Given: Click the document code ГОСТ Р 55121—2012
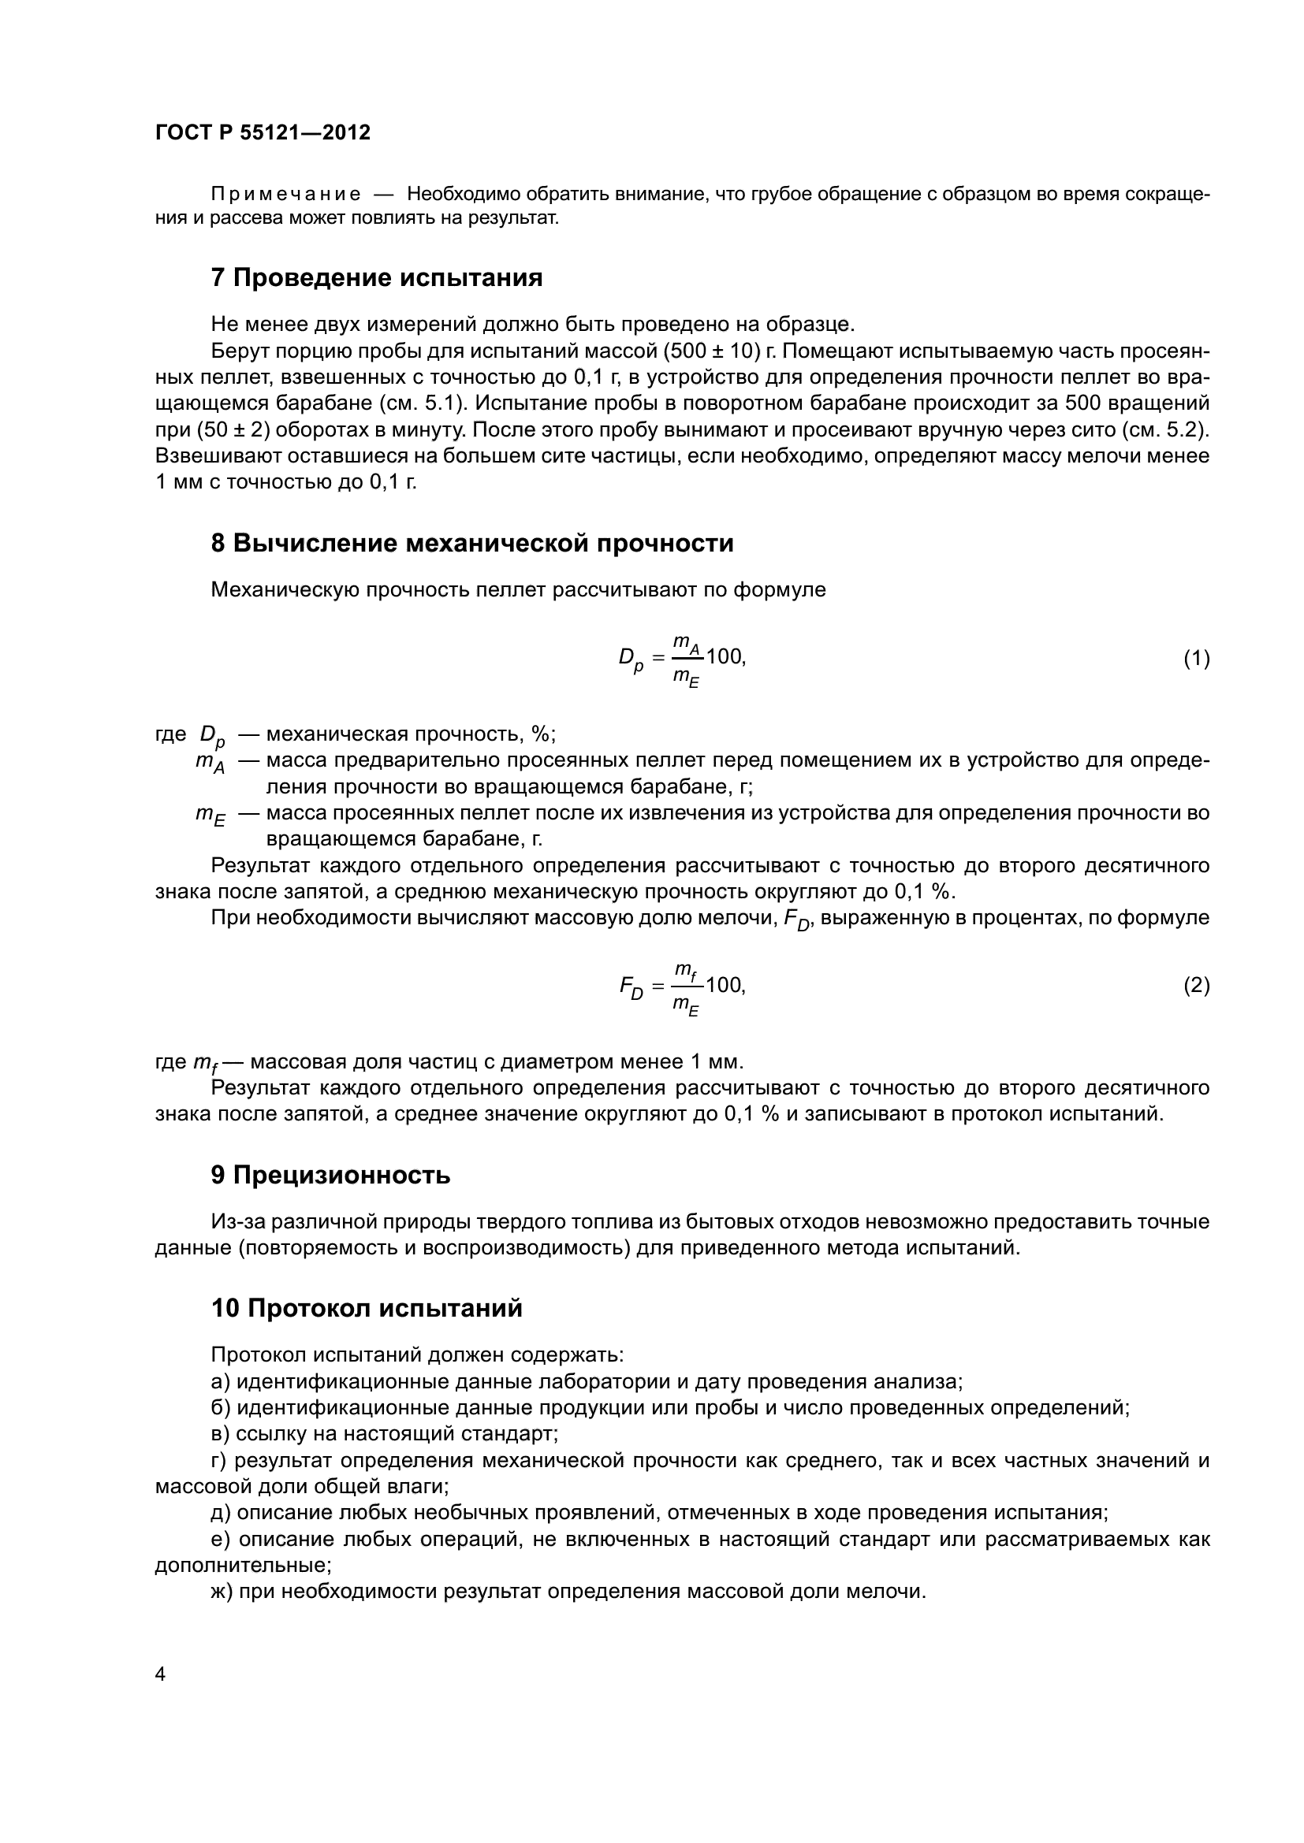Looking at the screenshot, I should [263, 132].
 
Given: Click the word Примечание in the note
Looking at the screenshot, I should [285, 195].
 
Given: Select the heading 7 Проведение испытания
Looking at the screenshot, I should [376, 277].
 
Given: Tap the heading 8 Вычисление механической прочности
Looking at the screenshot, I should [471, 544].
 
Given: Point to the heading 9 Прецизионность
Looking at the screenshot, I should [330, 1175].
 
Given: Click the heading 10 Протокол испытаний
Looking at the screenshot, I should [366, 1309].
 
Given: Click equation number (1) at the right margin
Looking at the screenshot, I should [1196, 659].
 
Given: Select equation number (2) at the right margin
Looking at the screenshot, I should [1196, 985].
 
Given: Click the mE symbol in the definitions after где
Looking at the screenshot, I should [211, 815].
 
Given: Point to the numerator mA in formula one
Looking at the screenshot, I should [687, 643].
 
